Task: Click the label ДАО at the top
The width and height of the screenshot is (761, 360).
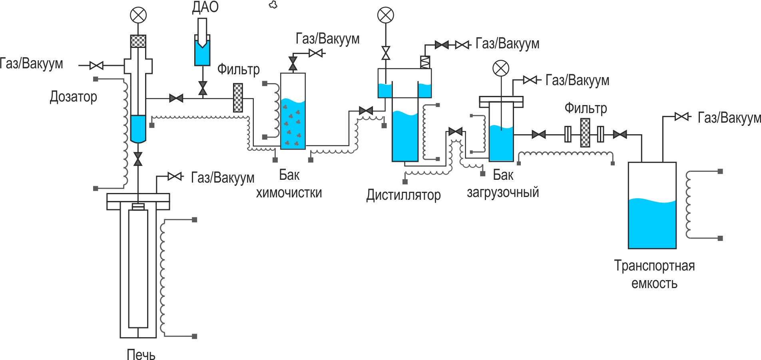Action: pyautogui.click(x=205, y=7)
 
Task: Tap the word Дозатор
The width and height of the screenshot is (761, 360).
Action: pyautogui.click(x=74, y=97)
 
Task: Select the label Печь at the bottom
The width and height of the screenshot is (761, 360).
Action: pyautogui.click(x=141, y=354)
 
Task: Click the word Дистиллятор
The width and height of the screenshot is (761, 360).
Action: pyautogui.click(x=403, y=195)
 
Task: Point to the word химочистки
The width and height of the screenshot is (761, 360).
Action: pyautogui.click(x=289, y=193)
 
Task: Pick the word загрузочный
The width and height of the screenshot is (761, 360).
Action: pyautogui.click(x=503, y=192)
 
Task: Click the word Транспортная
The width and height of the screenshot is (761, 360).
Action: pyautogui.click(x=654, y=266)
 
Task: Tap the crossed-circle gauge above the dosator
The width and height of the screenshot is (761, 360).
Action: pyautogui.click(x=138, y=15)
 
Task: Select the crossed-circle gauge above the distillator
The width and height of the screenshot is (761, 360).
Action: pyautogui.click(x=386, y=15)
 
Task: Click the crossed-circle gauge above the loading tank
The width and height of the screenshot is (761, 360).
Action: pyautogui.click(x=501, y=68)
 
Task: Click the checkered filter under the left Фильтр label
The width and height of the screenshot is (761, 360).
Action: pyautogui.click(x=238, y=97)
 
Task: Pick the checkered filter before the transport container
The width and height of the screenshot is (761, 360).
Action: pyautogui.click(x=585, y=133)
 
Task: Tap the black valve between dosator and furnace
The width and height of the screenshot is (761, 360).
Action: pyautogui.click(x=138, y=159)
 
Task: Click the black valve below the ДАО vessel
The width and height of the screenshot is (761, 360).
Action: pyautogui.click(x=203, y=88)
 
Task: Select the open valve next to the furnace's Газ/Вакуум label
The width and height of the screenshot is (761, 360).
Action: pyautogui.click(x=175, y=176)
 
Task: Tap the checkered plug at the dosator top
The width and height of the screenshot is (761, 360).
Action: pyautogui.click(x=138, y=41)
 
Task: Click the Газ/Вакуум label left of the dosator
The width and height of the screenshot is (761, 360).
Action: pyautogui.click(x=31, y=64)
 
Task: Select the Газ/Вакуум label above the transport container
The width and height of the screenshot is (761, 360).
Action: pyautogui.click(x=729, y=117)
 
